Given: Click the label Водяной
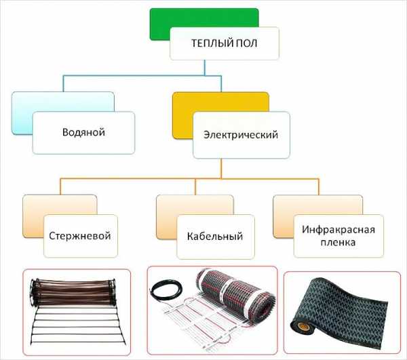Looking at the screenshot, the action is pyautogui.click(x=83, y=132).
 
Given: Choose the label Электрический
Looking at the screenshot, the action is pyautogui.click(x=241, y=135).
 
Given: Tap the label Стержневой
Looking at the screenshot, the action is pyautogui.click(x=80, y=236).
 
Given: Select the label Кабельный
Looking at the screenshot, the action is pyautogui.click(x=215, y=237).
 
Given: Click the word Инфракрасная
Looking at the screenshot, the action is pyautogui.click(x=338, y=230).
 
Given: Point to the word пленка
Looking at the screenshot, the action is pyautogui.click(x=338, y=242).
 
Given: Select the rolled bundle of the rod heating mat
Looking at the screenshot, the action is pyautogui.click(x=73, y=292).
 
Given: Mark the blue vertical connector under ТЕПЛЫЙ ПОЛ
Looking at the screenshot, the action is pyautogui.click(x=205, y=68).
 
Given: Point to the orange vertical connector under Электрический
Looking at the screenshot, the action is pyautogui.click(x=221, y=169).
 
